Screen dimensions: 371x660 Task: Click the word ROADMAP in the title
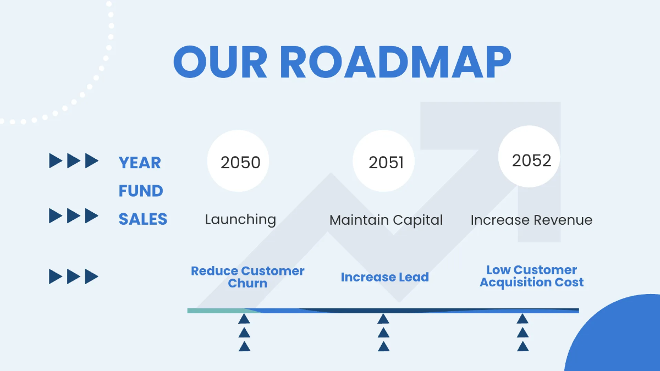coord(395,62)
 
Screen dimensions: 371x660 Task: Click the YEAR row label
coord(140,163)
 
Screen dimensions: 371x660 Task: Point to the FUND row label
coord(141,191)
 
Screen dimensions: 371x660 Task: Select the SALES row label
coord(143,219)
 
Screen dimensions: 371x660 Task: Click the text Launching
coord(240,219)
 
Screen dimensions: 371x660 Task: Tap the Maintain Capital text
coord(386,220)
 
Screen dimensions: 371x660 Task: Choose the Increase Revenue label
coord(531,220)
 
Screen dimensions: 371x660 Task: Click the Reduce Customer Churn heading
coord(248,277)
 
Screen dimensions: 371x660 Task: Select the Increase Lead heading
coord(384,277)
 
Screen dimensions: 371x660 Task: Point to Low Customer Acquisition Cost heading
coord(531,276)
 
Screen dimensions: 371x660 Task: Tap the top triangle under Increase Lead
coord(383,319)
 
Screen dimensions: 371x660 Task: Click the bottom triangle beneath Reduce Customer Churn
coord(245,346)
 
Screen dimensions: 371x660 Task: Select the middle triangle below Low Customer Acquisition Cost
coord(522,333)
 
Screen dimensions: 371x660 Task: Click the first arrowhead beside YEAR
coord(56,161)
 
